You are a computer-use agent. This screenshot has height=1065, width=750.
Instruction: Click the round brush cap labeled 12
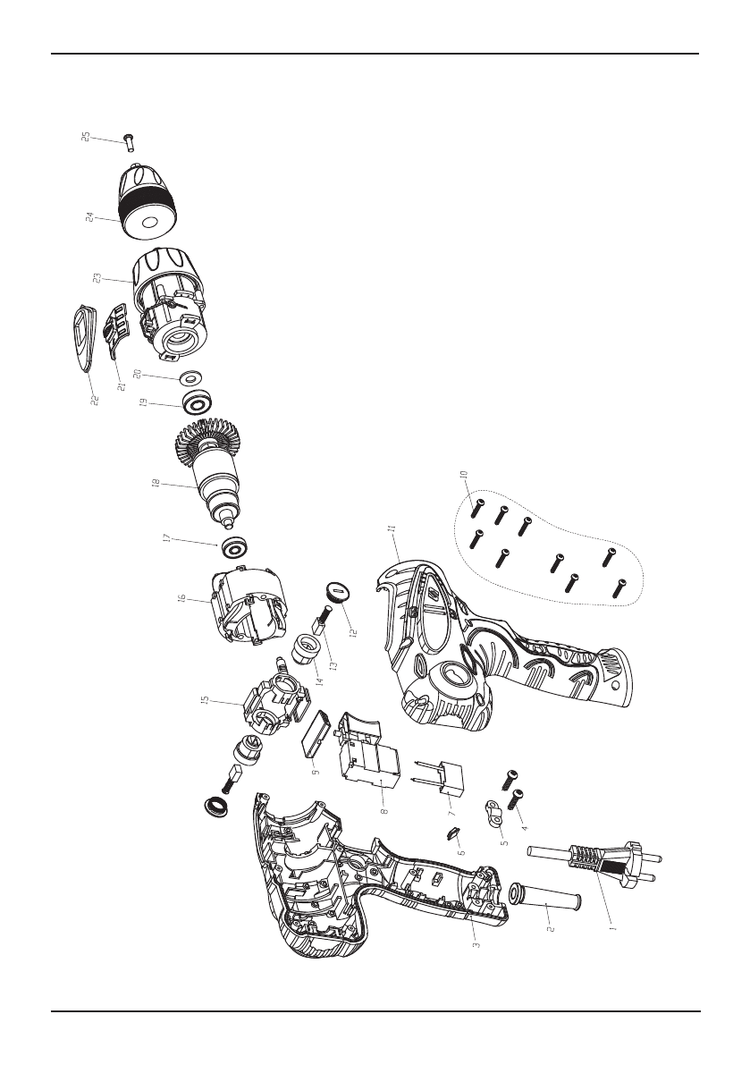[x=337, y=591]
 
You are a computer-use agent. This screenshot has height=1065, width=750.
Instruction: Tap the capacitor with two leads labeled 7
[x=443, y=775]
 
